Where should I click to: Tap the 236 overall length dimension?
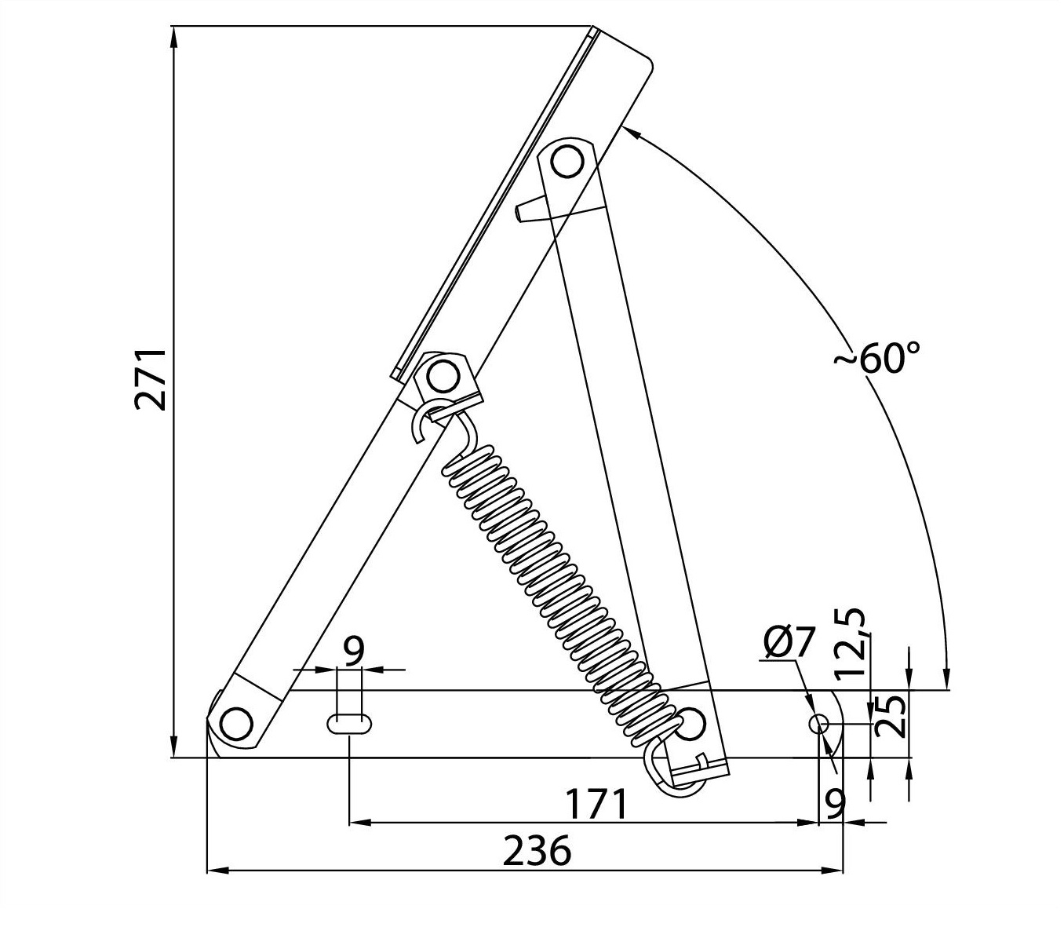pos(537,851)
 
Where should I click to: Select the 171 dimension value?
pos(597,804)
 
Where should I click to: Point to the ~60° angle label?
pos(876,359)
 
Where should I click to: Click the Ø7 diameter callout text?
pos(789,642)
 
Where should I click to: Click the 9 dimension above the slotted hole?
pos(354,651)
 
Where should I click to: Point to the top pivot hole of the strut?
pos(567,162)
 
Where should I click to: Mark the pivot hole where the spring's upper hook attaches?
pos(443,377)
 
